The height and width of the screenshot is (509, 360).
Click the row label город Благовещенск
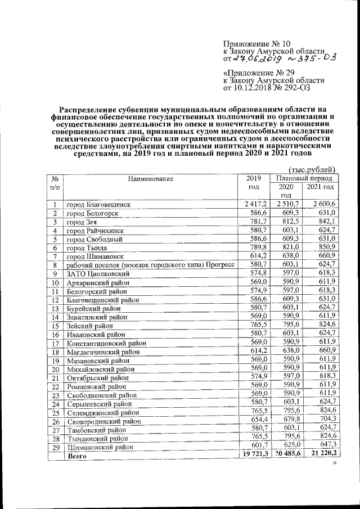coord(98,205)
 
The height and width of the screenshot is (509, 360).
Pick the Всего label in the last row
coord(76,458)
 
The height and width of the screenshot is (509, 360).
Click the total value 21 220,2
coord(321,453)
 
